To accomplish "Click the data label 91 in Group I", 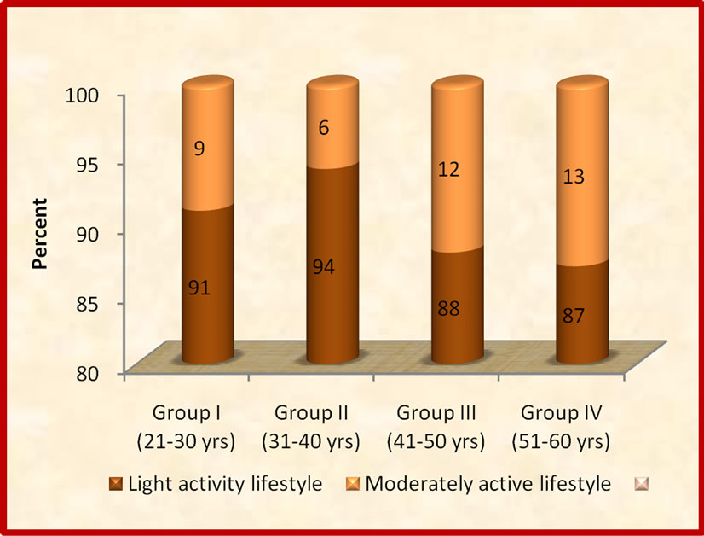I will click(x=199, y=288).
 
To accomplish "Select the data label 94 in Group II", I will click(x=325, y=268).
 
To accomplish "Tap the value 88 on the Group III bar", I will click(x=449, y=308).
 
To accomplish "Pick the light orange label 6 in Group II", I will click(x=325, y=128).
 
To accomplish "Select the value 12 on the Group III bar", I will click(x=449, y=169).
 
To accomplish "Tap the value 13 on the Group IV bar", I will click(x=574, y=177).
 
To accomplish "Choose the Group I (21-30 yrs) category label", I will click(x=187, y=428).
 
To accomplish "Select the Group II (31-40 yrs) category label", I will click(x=310, y=428).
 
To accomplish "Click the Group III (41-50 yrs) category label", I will click(x=436, y=428).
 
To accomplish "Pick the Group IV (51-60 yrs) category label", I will click(x=560, y=428).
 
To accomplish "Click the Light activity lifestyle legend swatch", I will click(x=116, y=485).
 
